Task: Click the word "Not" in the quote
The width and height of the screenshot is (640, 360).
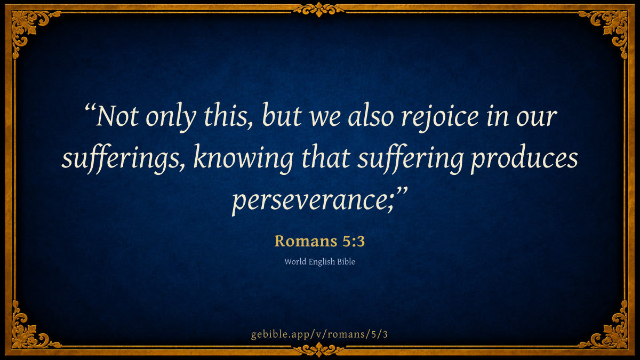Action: (x=117, y=116)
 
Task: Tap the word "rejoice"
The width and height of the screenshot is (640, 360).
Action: (x=440, y=117)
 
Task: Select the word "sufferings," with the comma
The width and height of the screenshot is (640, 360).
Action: (x=123, y=158)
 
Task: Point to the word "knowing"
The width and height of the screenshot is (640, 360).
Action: (x=243, y=158)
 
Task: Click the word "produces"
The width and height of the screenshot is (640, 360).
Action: (x=524, y=158)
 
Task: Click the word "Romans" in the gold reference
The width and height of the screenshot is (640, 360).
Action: (x=306, y=241)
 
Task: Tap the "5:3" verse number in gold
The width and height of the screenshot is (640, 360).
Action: (x=354, y=241)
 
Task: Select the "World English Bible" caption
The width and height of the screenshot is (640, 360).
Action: (x=319, y=262)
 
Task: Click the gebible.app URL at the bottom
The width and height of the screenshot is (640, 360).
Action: (x=319, y=334)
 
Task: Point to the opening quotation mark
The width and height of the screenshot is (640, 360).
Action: (x=90, y=109)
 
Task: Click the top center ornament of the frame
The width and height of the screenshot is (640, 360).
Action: (x=319, y=9)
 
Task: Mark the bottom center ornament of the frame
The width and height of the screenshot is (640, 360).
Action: (x=319, y=349)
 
